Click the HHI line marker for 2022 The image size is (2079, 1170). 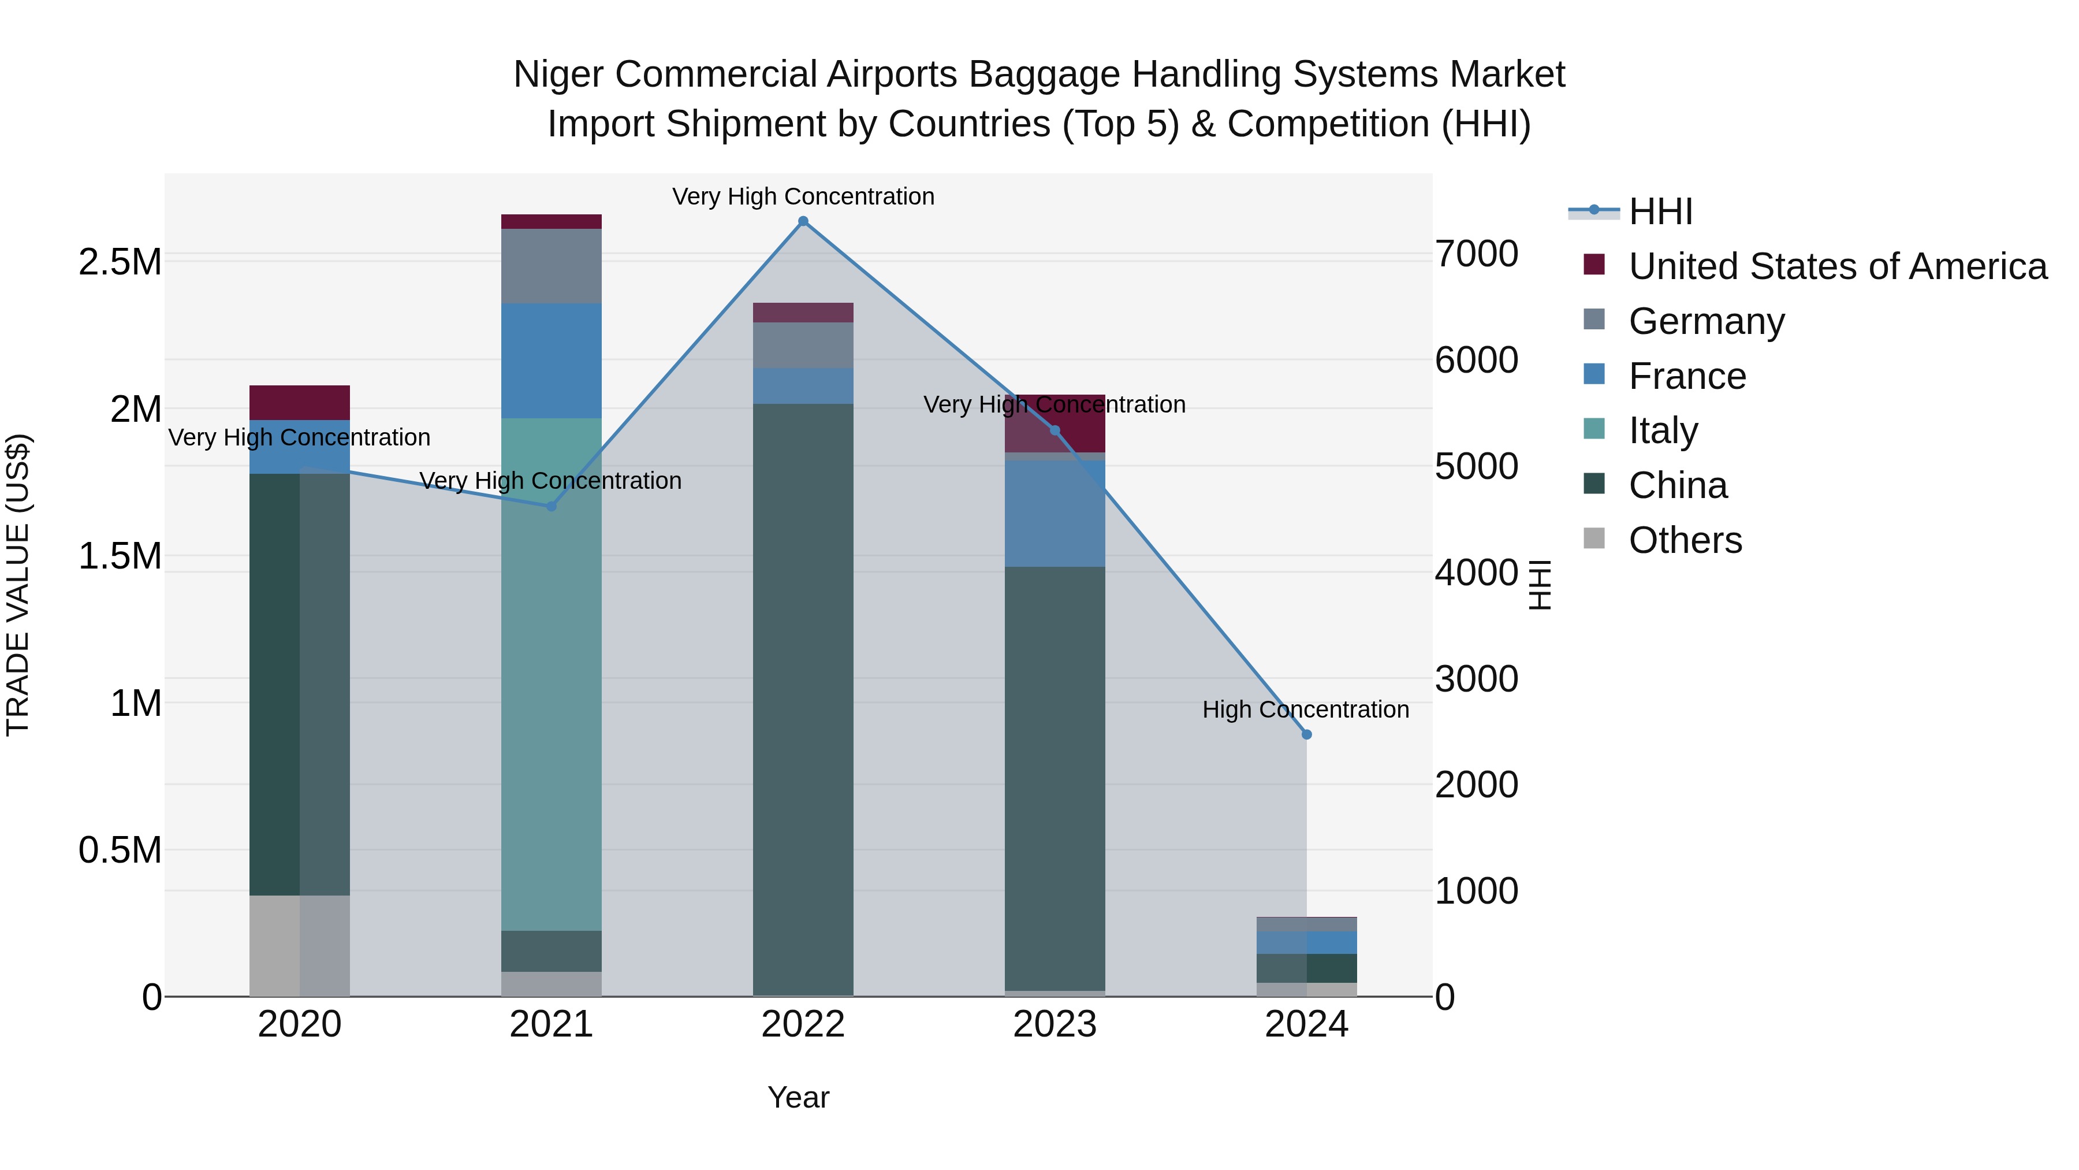(803, 221)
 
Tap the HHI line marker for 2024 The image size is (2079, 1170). (1307, 734)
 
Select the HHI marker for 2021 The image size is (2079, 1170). (552, 506)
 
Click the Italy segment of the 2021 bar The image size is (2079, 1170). (552, 674)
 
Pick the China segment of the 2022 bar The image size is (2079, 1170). (803, 699)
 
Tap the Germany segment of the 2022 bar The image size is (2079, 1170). (803, 345)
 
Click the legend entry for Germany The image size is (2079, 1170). (1705, 321)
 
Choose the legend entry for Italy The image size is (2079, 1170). (1663, 430)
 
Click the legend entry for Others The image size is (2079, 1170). (1685, 540)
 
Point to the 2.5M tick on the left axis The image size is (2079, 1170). (120, 262)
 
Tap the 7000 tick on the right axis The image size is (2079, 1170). (1476, 254)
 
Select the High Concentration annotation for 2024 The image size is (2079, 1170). (1305, 709)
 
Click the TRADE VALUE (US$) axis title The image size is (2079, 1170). (18, 585)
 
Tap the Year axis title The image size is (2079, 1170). (798, 1097)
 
